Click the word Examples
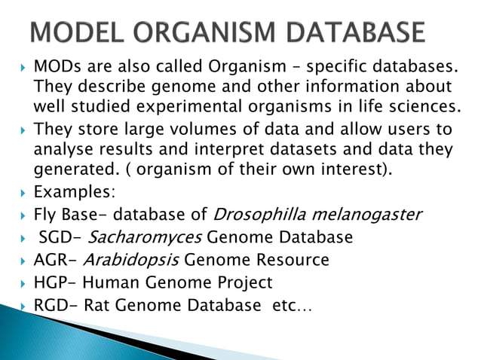click(x=72, y=193)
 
